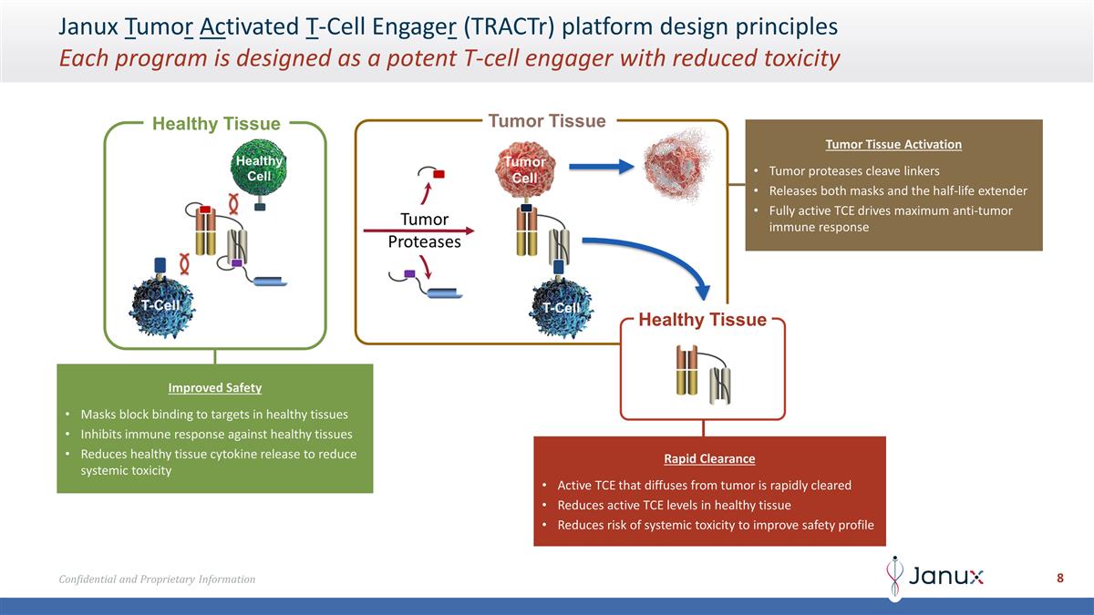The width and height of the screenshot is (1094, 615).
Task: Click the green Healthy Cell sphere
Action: point(259,168)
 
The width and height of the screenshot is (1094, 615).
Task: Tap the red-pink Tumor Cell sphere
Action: point(524,169)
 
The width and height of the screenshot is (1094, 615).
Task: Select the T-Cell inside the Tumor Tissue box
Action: point(560,306)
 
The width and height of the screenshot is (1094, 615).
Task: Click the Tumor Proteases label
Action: point(424,231)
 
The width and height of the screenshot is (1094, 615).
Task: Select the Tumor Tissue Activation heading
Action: point(893,144)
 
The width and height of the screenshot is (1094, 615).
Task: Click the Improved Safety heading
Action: point(214,387)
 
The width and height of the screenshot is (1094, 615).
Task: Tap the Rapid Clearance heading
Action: point(709,458)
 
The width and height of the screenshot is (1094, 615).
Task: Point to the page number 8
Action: point(1060,578)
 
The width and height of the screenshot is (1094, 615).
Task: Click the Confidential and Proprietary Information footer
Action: point(157,579)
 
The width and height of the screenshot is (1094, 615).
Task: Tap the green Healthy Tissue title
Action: point(216,124)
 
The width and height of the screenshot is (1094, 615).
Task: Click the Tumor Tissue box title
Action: point(547,121)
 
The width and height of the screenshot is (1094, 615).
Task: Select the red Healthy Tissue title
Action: point(702,320)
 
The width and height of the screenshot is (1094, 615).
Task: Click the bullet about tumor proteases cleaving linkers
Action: point(853,171)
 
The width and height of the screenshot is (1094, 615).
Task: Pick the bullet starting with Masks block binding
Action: point(213,414)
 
